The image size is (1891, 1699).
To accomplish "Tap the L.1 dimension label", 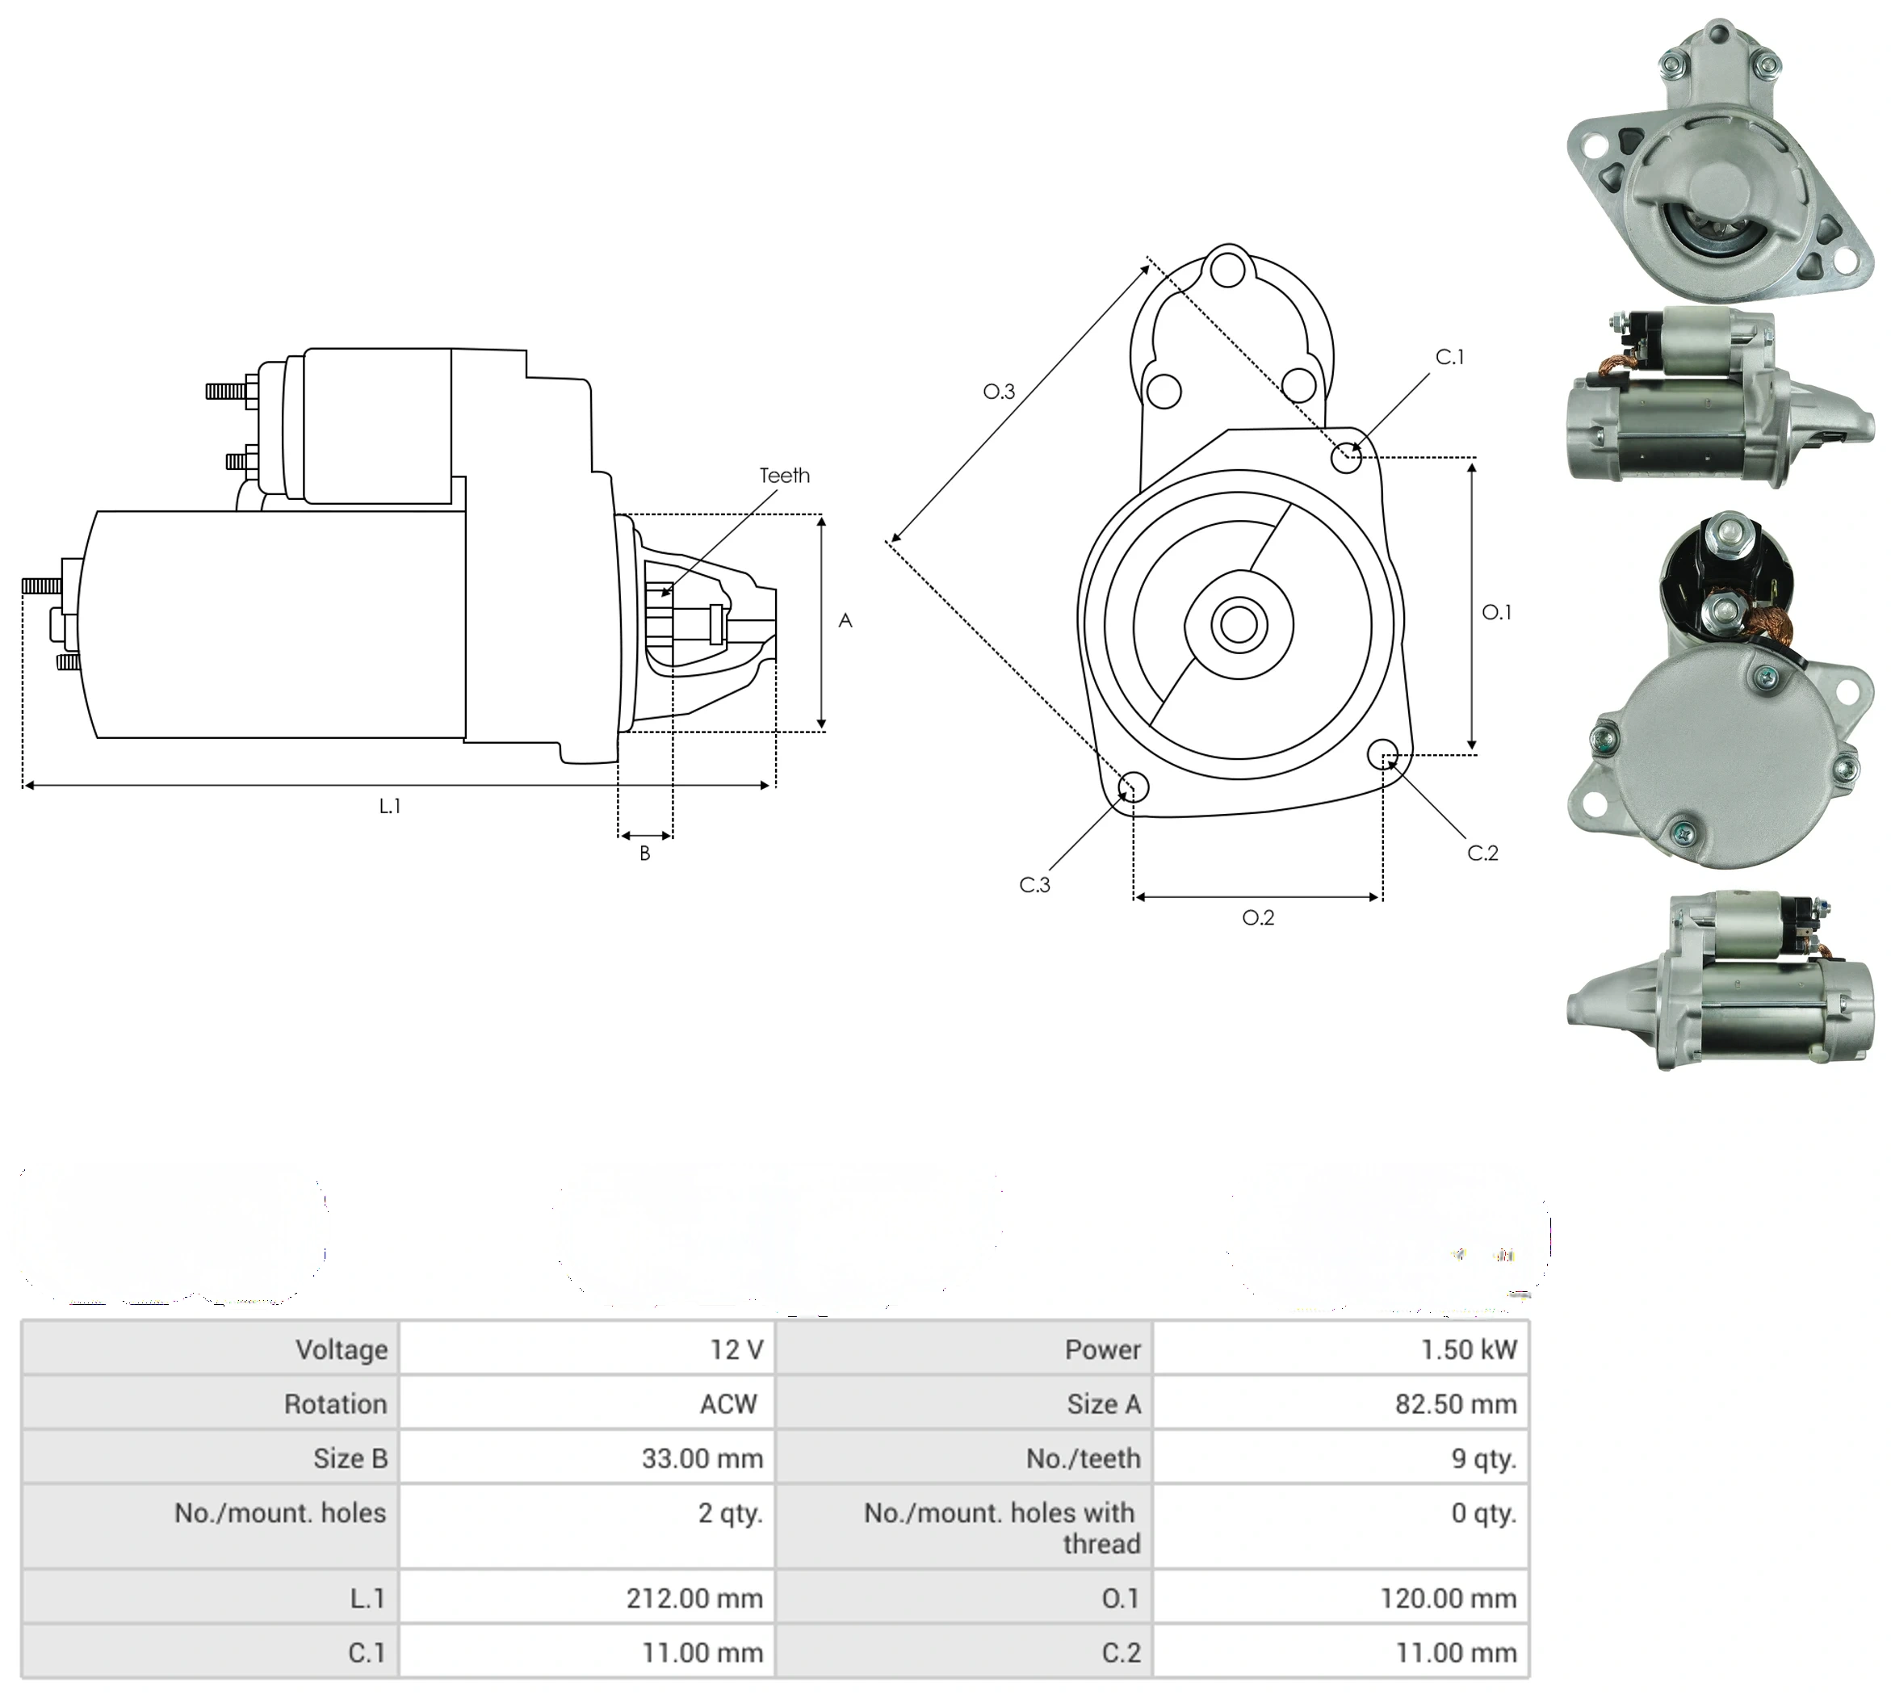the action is (x=390, y=806).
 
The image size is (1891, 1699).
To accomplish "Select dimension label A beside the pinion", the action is (x=845, y=621).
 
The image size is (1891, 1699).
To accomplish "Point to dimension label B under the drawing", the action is (x=645, y=854).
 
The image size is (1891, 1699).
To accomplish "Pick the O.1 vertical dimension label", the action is (x=1496, y=612).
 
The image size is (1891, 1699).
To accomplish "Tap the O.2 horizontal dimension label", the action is (x=1258, y=917).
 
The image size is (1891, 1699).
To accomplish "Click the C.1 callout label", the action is (x=1449, y=357).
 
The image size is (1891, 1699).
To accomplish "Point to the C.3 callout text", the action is (x=1034, y=884).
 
